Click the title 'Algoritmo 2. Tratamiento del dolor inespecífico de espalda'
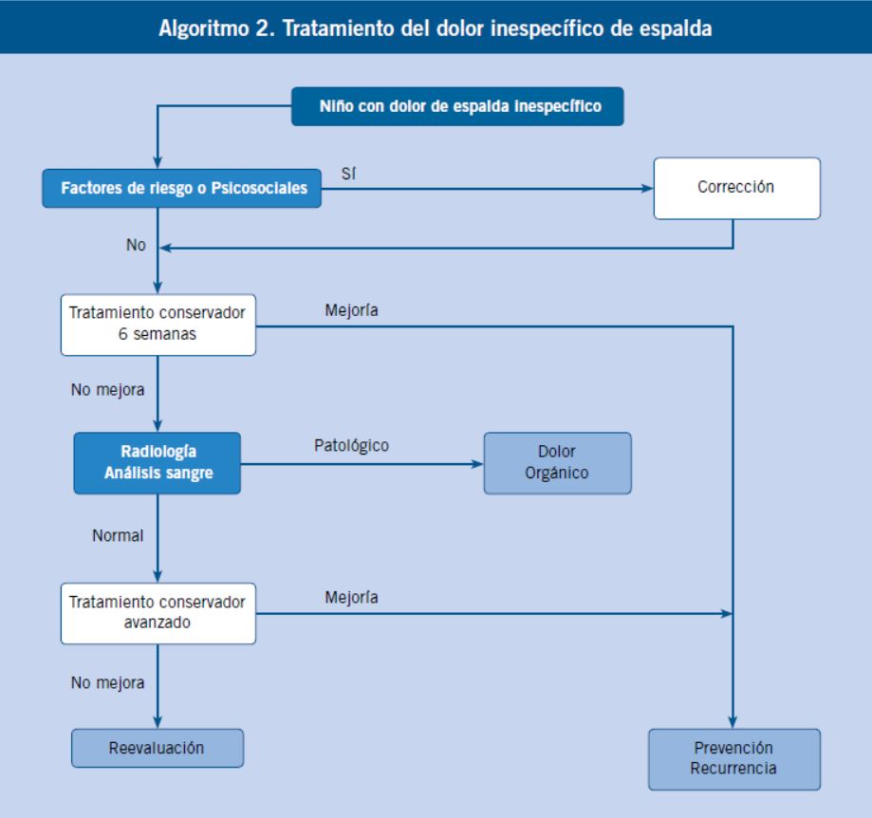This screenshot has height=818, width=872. [435, 28]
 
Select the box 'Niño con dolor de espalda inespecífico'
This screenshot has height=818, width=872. [457, 106]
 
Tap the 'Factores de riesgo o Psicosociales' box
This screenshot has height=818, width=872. [182, 189]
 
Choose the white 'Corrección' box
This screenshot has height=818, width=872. [737, 188]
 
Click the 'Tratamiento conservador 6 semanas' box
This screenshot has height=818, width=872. [158, 325]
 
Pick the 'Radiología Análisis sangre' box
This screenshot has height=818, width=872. [158, 463]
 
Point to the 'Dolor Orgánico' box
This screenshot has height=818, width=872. [557, 463]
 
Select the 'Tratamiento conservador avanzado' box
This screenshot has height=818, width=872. [158, 613]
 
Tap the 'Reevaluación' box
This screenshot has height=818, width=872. [158, 748]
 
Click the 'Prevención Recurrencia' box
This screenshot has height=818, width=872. [734, 759]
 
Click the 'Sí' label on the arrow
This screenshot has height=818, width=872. [348, 174]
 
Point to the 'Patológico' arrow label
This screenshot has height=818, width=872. [351, 445]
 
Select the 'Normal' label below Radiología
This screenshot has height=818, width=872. [118, 535]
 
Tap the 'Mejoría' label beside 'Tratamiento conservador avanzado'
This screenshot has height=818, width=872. [351, 597]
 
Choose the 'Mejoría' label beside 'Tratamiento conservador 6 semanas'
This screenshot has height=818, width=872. [351, 310]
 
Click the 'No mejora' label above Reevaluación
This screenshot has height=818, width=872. [107, 683]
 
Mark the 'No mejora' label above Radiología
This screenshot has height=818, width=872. [107, 390]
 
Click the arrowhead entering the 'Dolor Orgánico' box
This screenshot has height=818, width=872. [477, 464]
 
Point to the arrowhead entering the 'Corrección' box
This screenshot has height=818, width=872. [647, 189]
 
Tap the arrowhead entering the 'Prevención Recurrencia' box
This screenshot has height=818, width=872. [733, 722]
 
